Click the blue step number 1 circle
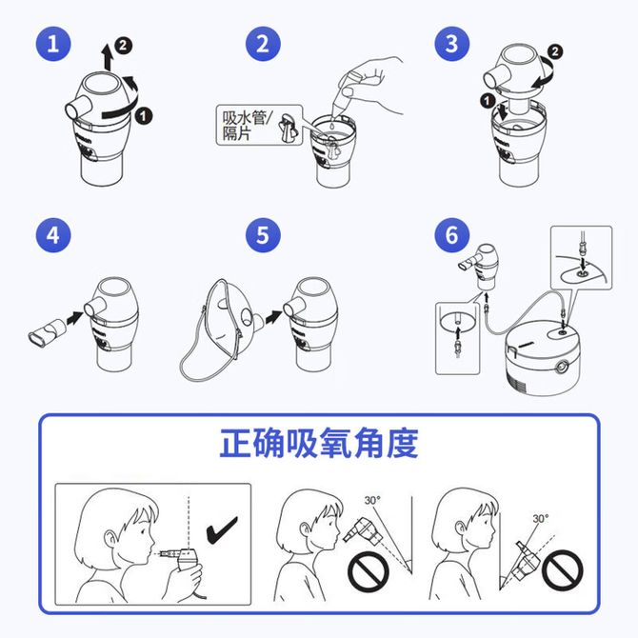[53, 44]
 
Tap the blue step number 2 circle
[263, 44]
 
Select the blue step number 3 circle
[452, 44]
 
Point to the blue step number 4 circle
[53, 235]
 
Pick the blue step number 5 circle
[263, 235]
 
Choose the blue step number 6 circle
[452, 235]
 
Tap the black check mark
[222, 530]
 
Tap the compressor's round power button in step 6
[562, 367]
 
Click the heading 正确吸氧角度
[319, 443]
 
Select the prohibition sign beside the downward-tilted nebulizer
[369, 571]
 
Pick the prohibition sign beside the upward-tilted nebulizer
[563, 570]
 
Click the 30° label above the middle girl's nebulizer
[372, 500]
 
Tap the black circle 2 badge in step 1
[123, 45]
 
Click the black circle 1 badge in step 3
[488, 101]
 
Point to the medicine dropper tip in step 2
[334, 115]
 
